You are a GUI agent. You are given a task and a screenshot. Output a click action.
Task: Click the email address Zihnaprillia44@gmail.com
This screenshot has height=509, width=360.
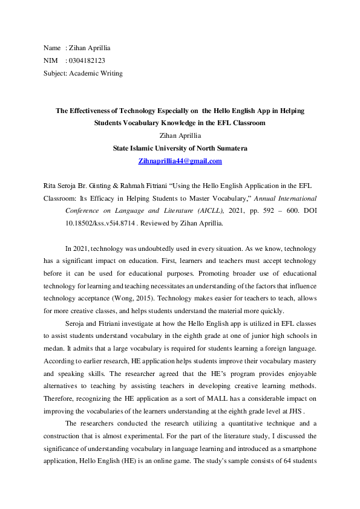click(x=180, y=161)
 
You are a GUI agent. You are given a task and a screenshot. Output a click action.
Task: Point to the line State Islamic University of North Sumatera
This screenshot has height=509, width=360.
click(x=180, y=148)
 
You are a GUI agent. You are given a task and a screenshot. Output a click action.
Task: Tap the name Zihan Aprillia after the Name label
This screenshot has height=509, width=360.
click(x=90, y=47)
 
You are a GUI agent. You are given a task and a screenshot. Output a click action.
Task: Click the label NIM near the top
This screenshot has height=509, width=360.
click(x=51, y=60)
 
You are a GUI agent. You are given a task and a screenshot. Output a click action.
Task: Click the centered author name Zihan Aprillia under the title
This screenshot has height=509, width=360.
click(x=180, y=135)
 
